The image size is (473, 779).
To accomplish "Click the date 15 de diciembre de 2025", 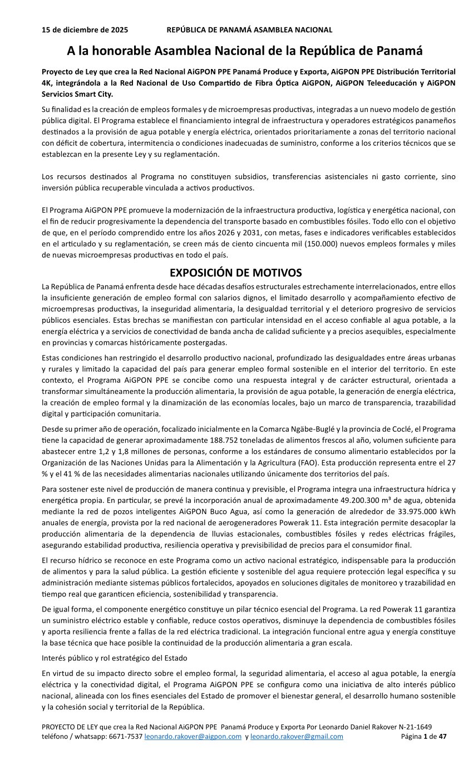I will tap(85, 30).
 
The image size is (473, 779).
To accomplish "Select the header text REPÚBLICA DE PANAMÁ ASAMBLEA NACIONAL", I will tap(249, 30).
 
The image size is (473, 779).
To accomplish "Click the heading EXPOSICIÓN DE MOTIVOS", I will tap(235, 273).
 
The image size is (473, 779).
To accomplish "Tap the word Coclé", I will tap(413, 429).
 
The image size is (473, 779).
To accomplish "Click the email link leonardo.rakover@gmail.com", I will tap(297, 736).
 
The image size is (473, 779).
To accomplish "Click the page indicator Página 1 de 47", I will tap(423, 736).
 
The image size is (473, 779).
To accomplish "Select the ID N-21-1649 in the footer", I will tap(414, 727).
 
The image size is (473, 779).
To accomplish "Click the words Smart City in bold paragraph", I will tap(95, 93).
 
